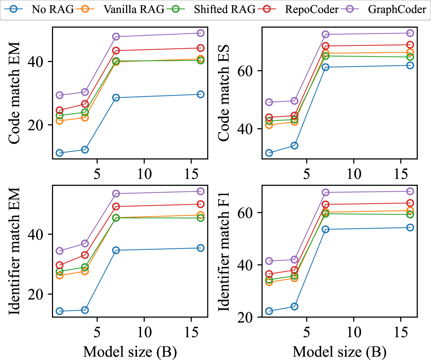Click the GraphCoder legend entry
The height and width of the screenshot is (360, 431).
[397, 10]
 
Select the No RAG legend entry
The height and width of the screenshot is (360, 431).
[53, 10]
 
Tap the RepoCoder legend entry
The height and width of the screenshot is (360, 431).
[311, 10]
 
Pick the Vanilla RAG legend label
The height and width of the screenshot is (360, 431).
[134, 10]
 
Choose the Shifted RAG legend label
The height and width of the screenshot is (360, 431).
[225, 10]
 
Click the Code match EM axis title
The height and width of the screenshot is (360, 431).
[14, 93]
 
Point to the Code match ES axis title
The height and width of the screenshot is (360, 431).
[224, 93]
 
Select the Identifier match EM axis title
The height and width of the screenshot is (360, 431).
[14, 251]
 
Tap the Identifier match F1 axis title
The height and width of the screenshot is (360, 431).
[224, 251]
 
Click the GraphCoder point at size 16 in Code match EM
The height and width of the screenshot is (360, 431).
[201, 33]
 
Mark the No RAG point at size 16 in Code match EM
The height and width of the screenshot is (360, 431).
[201, 94]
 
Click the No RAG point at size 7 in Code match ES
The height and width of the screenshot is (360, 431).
[326, 67]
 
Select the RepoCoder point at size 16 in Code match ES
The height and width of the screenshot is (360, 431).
[410, 45]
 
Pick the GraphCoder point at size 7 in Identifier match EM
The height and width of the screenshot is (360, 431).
[116, 194]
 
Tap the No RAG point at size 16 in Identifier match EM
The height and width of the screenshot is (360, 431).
[201, 248]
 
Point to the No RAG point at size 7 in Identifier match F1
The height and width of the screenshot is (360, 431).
[326, 230]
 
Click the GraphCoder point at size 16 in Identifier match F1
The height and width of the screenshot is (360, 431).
[410, 191]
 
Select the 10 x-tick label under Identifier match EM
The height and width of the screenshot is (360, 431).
[144, 333]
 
